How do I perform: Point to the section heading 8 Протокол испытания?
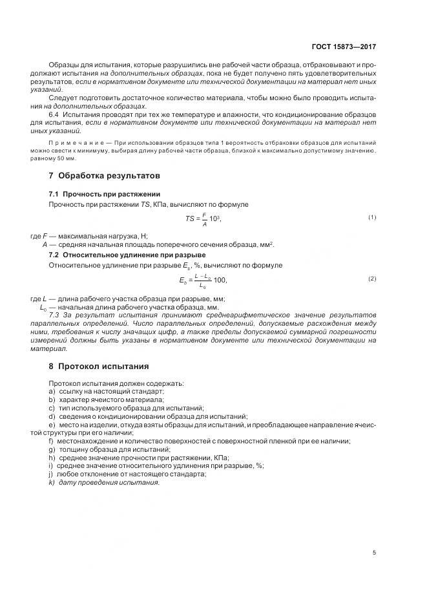[x=99, y=365]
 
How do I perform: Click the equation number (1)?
[x=372, y=217]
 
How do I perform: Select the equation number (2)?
[x=372, y=279]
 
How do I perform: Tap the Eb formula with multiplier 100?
[x=203, y=280]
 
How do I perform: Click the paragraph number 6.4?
[x=54, y=114]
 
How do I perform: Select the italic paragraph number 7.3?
[x=54, y=315]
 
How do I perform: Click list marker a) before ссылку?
[x=51, y=392]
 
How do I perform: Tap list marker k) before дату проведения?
[x=51, y=482]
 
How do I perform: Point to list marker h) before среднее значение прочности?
[x=51, y=457]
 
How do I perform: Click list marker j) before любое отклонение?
[x=50, y=474]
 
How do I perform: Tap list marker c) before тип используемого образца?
[x=51, y=408]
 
